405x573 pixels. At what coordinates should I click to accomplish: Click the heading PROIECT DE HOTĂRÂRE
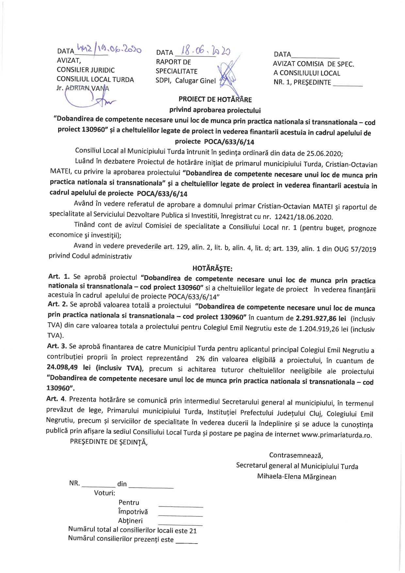[215, 99]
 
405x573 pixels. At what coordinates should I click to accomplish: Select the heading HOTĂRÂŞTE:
[212, 269]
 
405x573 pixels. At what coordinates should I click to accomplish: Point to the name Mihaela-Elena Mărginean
[296, 477]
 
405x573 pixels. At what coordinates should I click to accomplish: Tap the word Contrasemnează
[296, 455]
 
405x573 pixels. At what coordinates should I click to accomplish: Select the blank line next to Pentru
[180, 505]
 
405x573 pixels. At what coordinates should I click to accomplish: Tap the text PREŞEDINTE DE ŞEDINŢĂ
[109, 442]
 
